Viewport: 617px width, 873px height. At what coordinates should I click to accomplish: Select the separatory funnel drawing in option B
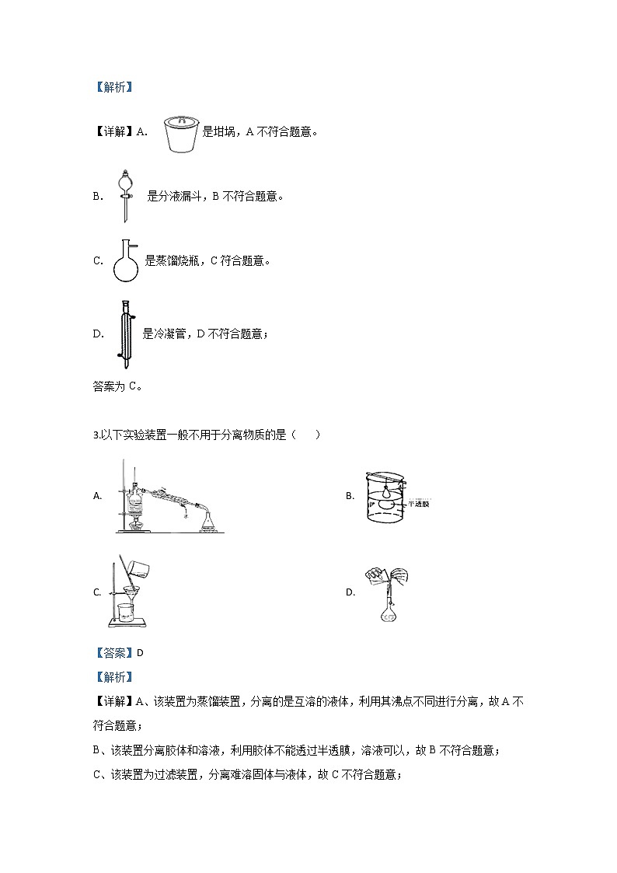pyautogui.click(x=124, y=195)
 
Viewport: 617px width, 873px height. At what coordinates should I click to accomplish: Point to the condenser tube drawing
pyautogui.click(x=124, y=334)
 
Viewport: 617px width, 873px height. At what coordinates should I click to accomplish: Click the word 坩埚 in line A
pyautogui.click(x=224, y=132)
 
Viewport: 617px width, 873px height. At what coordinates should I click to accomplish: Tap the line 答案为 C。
pyautogui.click(x=117, y=385)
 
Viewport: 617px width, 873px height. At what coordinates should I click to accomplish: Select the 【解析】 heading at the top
pyautogui.click(x=113, y=87)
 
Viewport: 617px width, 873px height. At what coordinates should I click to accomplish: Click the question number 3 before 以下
pyautogui.click(x=95, y=435)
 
